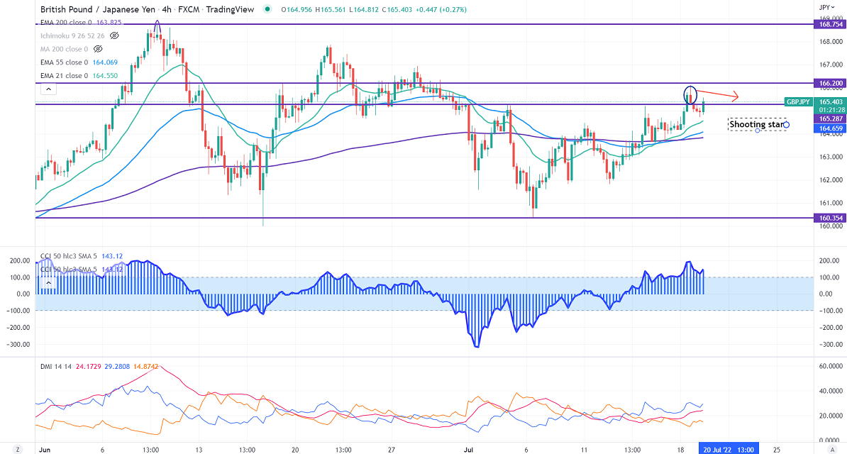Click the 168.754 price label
point(826,24)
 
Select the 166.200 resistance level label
point(826,83)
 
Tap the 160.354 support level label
point(826,218)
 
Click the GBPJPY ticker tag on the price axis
point(798,102)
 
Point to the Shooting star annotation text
point(757,125)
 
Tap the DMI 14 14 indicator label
point(55,367)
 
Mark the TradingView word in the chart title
point(234,9)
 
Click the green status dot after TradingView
point(267,9)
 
